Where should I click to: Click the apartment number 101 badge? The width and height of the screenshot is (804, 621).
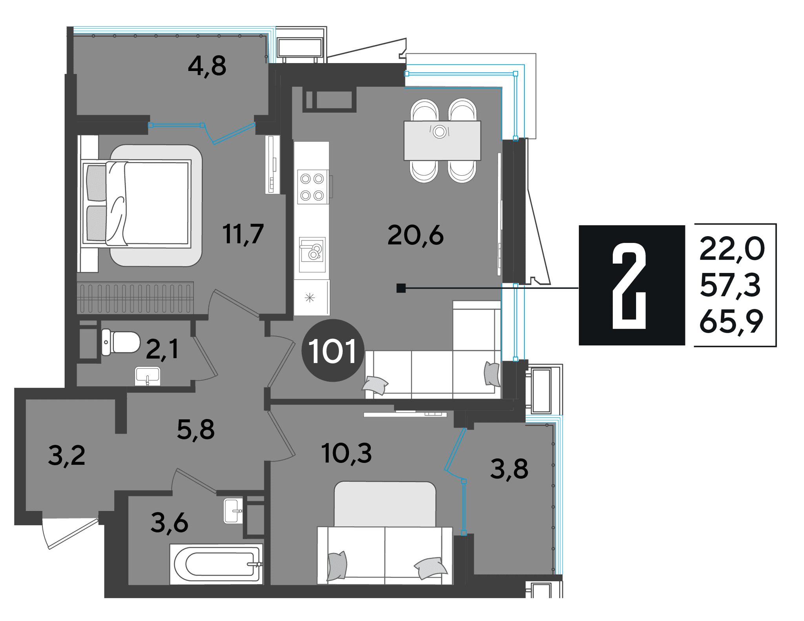click(333, 350)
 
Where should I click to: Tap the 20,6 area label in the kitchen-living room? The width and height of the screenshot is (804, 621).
click(415, 235)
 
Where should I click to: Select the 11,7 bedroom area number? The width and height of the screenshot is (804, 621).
click(243, 234)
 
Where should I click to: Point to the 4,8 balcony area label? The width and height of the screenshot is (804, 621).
click(207, 66)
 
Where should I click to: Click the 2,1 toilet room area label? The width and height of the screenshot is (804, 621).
click(162, 349)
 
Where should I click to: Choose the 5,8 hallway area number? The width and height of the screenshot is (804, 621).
click(196, 430)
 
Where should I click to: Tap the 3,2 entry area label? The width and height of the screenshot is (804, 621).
click(67, 455)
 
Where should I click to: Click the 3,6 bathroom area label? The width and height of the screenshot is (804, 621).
click(170, 523)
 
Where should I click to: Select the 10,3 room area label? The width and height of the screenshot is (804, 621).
click(346, 453)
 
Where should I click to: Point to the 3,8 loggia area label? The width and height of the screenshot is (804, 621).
click(509, 469)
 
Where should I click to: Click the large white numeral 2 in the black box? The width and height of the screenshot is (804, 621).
click(629, 286)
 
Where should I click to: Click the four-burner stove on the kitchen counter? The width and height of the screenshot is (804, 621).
click(312, 187)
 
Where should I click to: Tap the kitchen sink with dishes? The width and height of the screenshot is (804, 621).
click(312, 255)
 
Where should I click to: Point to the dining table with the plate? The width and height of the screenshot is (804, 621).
click(442, 140)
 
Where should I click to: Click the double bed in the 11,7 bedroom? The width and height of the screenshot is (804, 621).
click(136, 204)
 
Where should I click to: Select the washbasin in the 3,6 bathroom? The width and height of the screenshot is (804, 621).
click(233, 511)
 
